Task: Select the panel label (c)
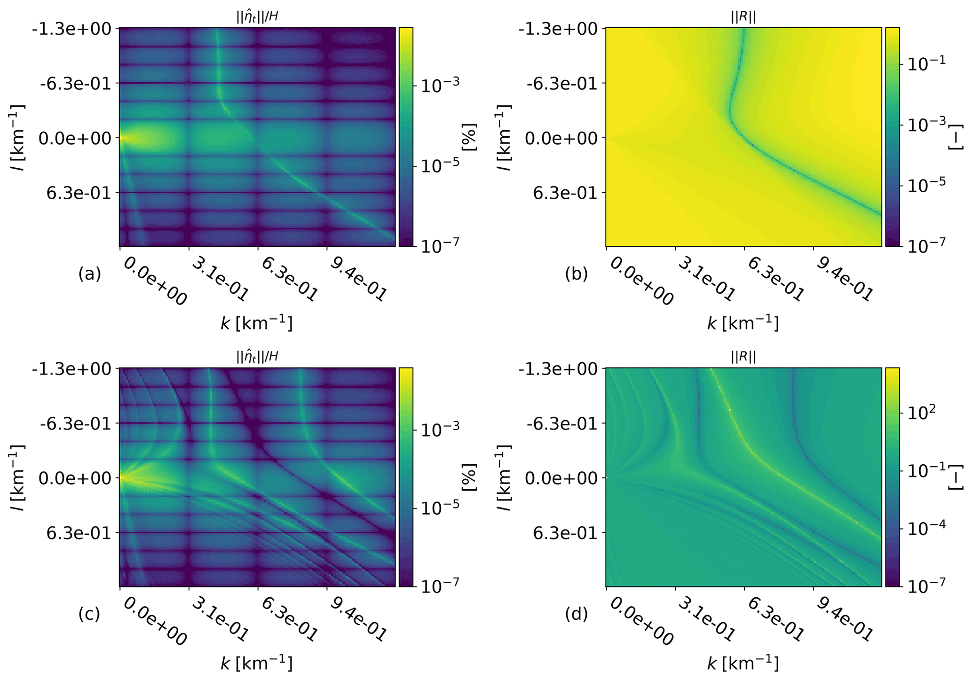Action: pyautogui.click(x=89, y=614)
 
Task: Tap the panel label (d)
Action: pyautogui.click(x=577, y=614)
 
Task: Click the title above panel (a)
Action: pyautogui.click(x=257, y=17)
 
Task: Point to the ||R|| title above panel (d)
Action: pyautogui.click(x=743, y=357)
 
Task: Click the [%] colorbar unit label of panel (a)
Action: pyautogui.click(x=469, y=137)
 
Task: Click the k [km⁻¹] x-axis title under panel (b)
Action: pyautogui.click(x=743, y=323)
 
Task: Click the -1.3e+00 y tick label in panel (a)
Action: pyautogui.click(x=72, y=29)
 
